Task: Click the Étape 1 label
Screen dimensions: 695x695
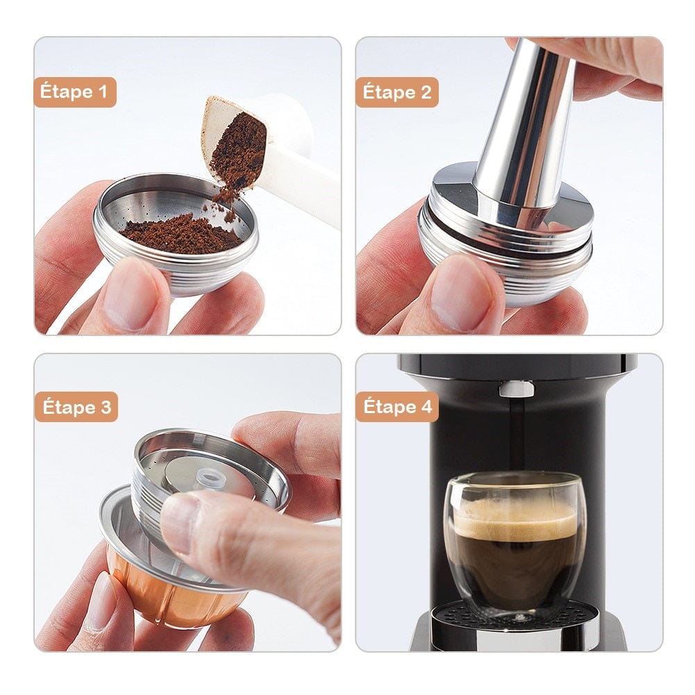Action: pyautogui.click(x=75, y=92)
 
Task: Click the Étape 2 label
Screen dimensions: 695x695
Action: pyautogui.click(x=397, y=92)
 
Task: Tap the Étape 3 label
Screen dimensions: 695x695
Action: pyautogui.click(x=76, y=408)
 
